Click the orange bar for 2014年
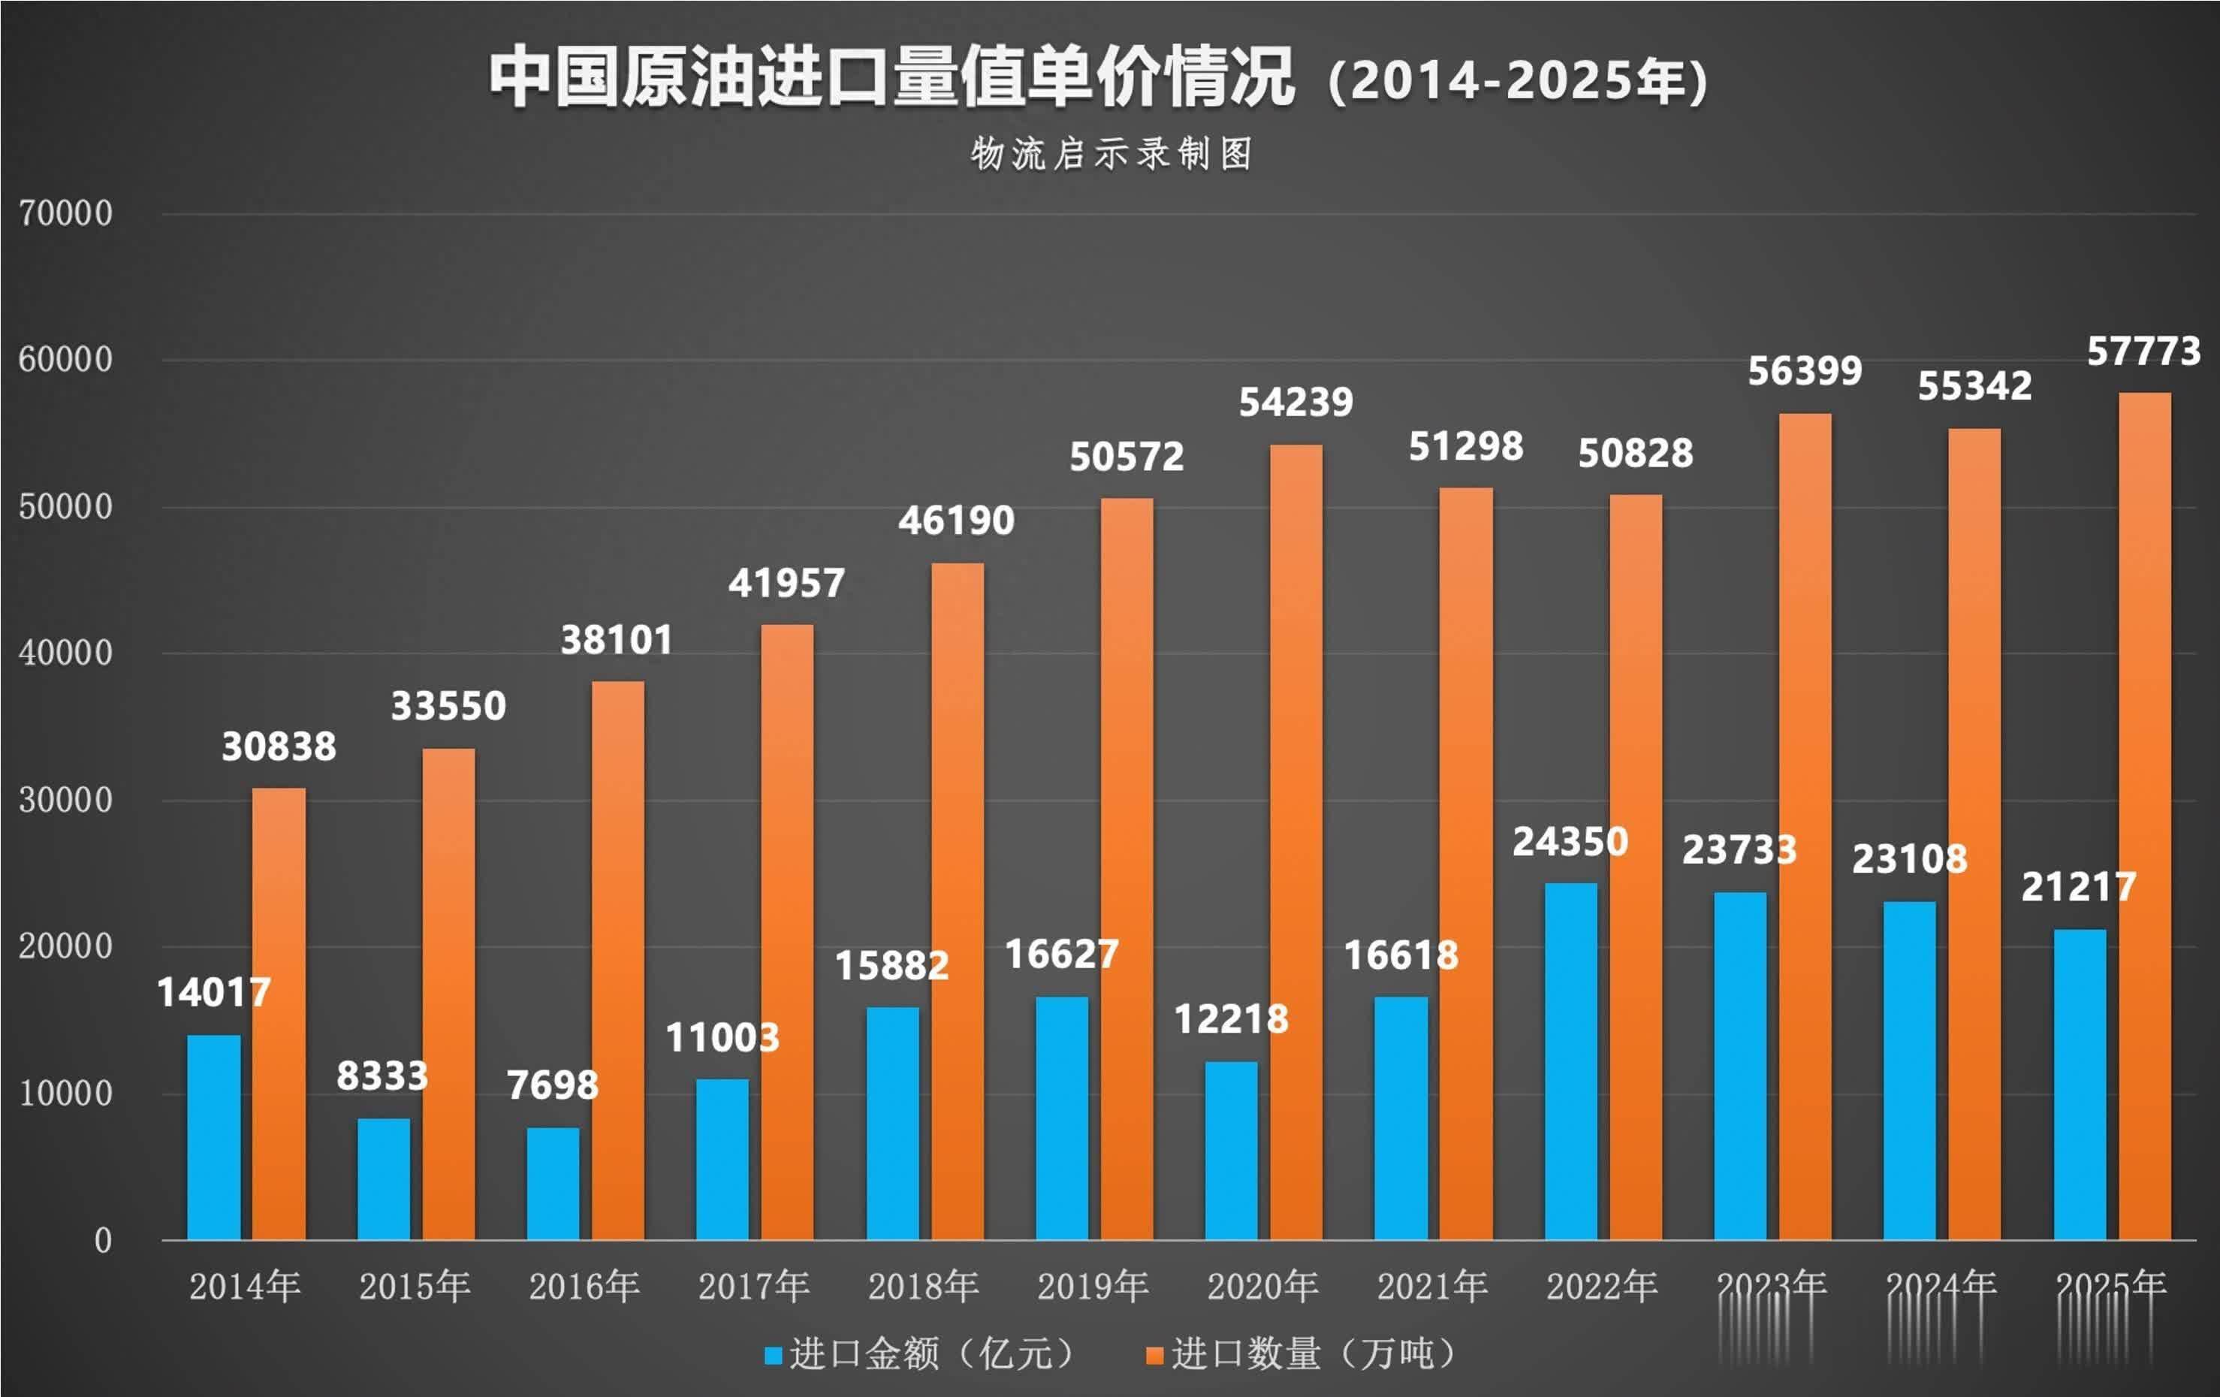click(x=279, y=1014)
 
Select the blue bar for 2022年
click(x=1571, y=1061)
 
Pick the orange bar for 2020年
click(x=1296, y=843)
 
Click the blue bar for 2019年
click(x=1062, y=1118)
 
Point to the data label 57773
click(x=2143, y=352)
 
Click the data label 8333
click(x=382, y=1076)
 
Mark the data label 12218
click(x=1230, y=1020)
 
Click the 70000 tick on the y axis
click(x=65, y=214)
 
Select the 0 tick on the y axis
click(x=102, y=1240)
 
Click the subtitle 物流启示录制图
click(x=1111, y=154)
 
